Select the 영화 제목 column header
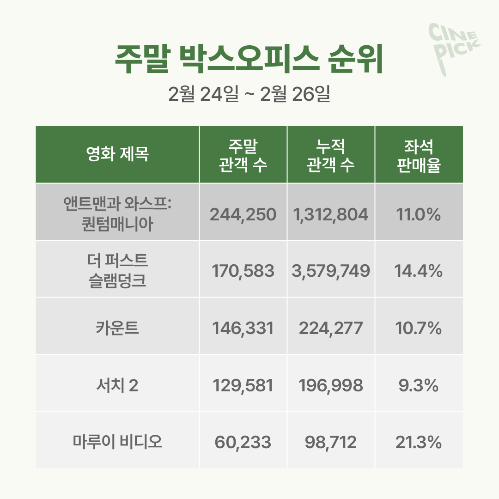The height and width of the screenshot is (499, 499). click(117, 154)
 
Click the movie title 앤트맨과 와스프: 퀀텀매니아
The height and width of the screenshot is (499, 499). click(117, 212)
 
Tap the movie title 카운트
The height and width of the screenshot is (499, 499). click(117, 329)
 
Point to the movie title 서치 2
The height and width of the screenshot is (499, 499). click(117, 385)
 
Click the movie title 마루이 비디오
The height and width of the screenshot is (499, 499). click(117, 442)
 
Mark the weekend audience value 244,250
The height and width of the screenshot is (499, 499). click(243, 214)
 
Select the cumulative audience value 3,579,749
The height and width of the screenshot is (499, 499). click(331, 271)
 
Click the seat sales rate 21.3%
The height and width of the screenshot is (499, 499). click(419, 443)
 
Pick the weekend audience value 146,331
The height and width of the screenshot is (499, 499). click(243, 329)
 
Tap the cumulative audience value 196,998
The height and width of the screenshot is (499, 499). click(331, 386)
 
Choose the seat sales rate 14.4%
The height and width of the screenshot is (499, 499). click(419, 271)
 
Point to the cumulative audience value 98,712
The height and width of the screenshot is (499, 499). click(331, 443)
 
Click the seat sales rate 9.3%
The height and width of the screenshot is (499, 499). click(419, 386)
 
